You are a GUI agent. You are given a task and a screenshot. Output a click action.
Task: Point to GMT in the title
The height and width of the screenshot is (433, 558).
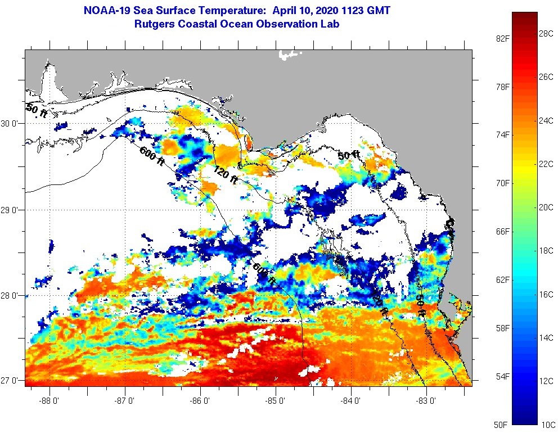click(377, 11)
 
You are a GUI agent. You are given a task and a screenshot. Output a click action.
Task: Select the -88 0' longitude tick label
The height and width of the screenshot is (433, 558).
click(49, 401)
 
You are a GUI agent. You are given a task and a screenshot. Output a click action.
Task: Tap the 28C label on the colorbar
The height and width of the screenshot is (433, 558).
click(546, 34)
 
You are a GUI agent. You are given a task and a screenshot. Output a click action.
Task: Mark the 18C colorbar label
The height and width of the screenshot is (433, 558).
click(546, 250)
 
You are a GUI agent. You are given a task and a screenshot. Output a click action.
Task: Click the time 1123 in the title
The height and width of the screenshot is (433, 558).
click(350, 11)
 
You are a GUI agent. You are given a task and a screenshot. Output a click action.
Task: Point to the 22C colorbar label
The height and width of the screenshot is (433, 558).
click(546, 164)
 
